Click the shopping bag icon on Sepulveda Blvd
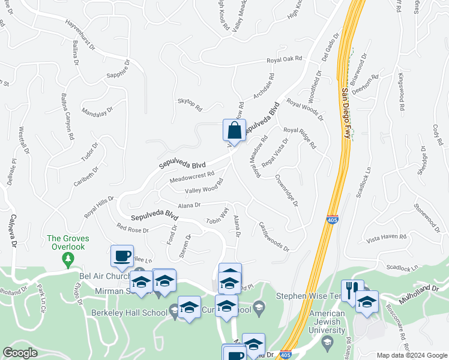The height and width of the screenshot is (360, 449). tap(234, 130)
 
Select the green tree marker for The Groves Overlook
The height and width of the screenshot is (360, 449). tap(67, 259)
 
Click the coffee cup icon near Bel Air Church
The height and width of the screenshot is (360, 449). tap(122, 256)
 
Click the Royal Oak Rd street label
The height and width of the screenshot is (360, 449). tap(285, 60)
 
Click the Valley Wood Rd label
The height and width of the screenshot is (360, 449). tap(204, 189)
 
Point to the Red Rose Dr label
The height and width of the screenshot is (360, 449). tap(133, 229)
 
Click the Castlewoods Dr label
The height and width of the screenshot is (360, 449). tap(274, 236)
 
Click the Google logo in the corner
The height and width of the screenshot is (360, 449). tap(20, 353)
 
